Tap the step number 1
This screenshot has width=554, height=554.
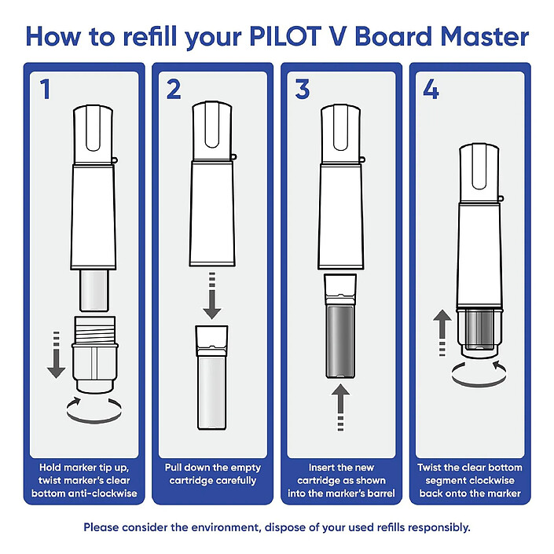point(45,90)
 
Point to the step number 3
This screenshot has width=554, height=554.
point(303,90)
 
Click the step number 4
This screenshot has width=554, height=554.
point(431,90)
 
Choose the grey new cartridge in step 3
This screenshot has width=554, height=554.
point(339,330)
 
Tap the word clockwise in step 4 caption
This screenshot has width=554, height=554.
point(500,480)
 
